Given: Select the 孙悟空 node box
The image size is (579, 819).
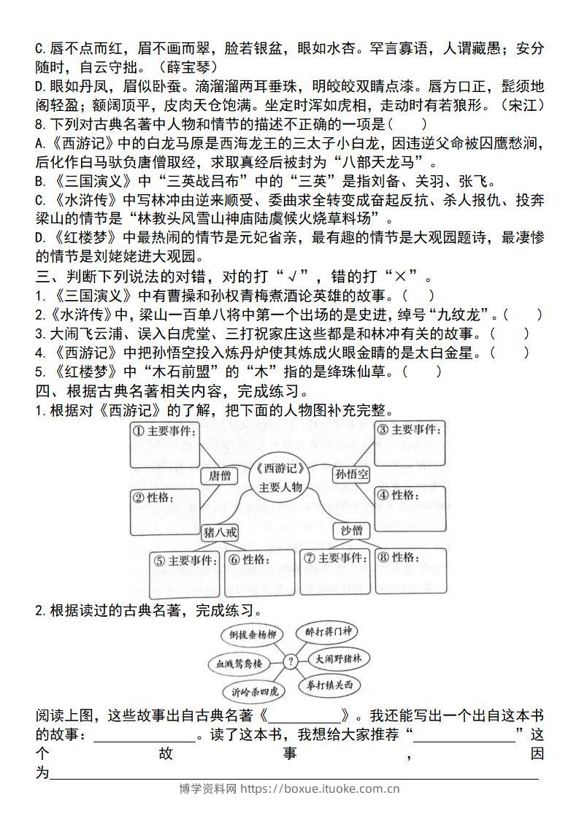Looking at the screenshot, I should click(352, 474).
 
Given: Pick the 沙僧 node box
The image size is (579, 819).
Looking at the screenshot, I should click(351, 531).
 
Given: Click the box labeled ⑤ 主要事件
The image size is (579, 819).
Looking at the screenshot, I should click(185, 574).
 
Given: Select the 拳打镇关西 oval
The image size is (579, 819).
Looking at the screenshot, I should click(329, 686).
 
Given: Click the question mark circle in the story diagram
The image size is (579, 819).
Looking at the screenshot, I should click(290, 661).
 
